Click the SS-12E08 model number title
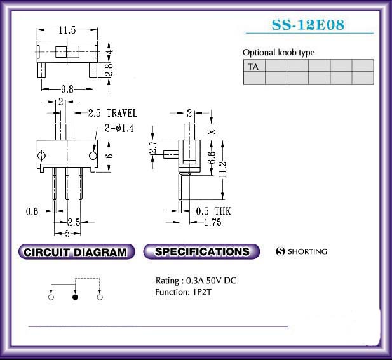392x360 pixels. tap(308, 25)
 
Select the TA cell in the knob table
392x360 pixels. tap(254, 65)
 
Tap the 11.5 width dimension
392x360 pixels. tap(67, 30)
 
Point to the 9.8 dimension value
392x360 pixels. tap(67, 89)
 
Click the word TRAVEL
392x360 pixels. tap(122, 113)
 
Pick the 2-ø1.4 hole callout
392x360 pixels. tap(119, 128)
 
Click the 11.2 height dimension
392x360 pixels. tap(223, 170)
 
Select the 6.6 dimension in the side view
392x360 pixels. tap(212, 157)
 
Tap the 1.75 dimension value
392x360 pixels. tap(212, 222)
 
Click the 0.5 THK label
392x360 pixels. tap(213, 211)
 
